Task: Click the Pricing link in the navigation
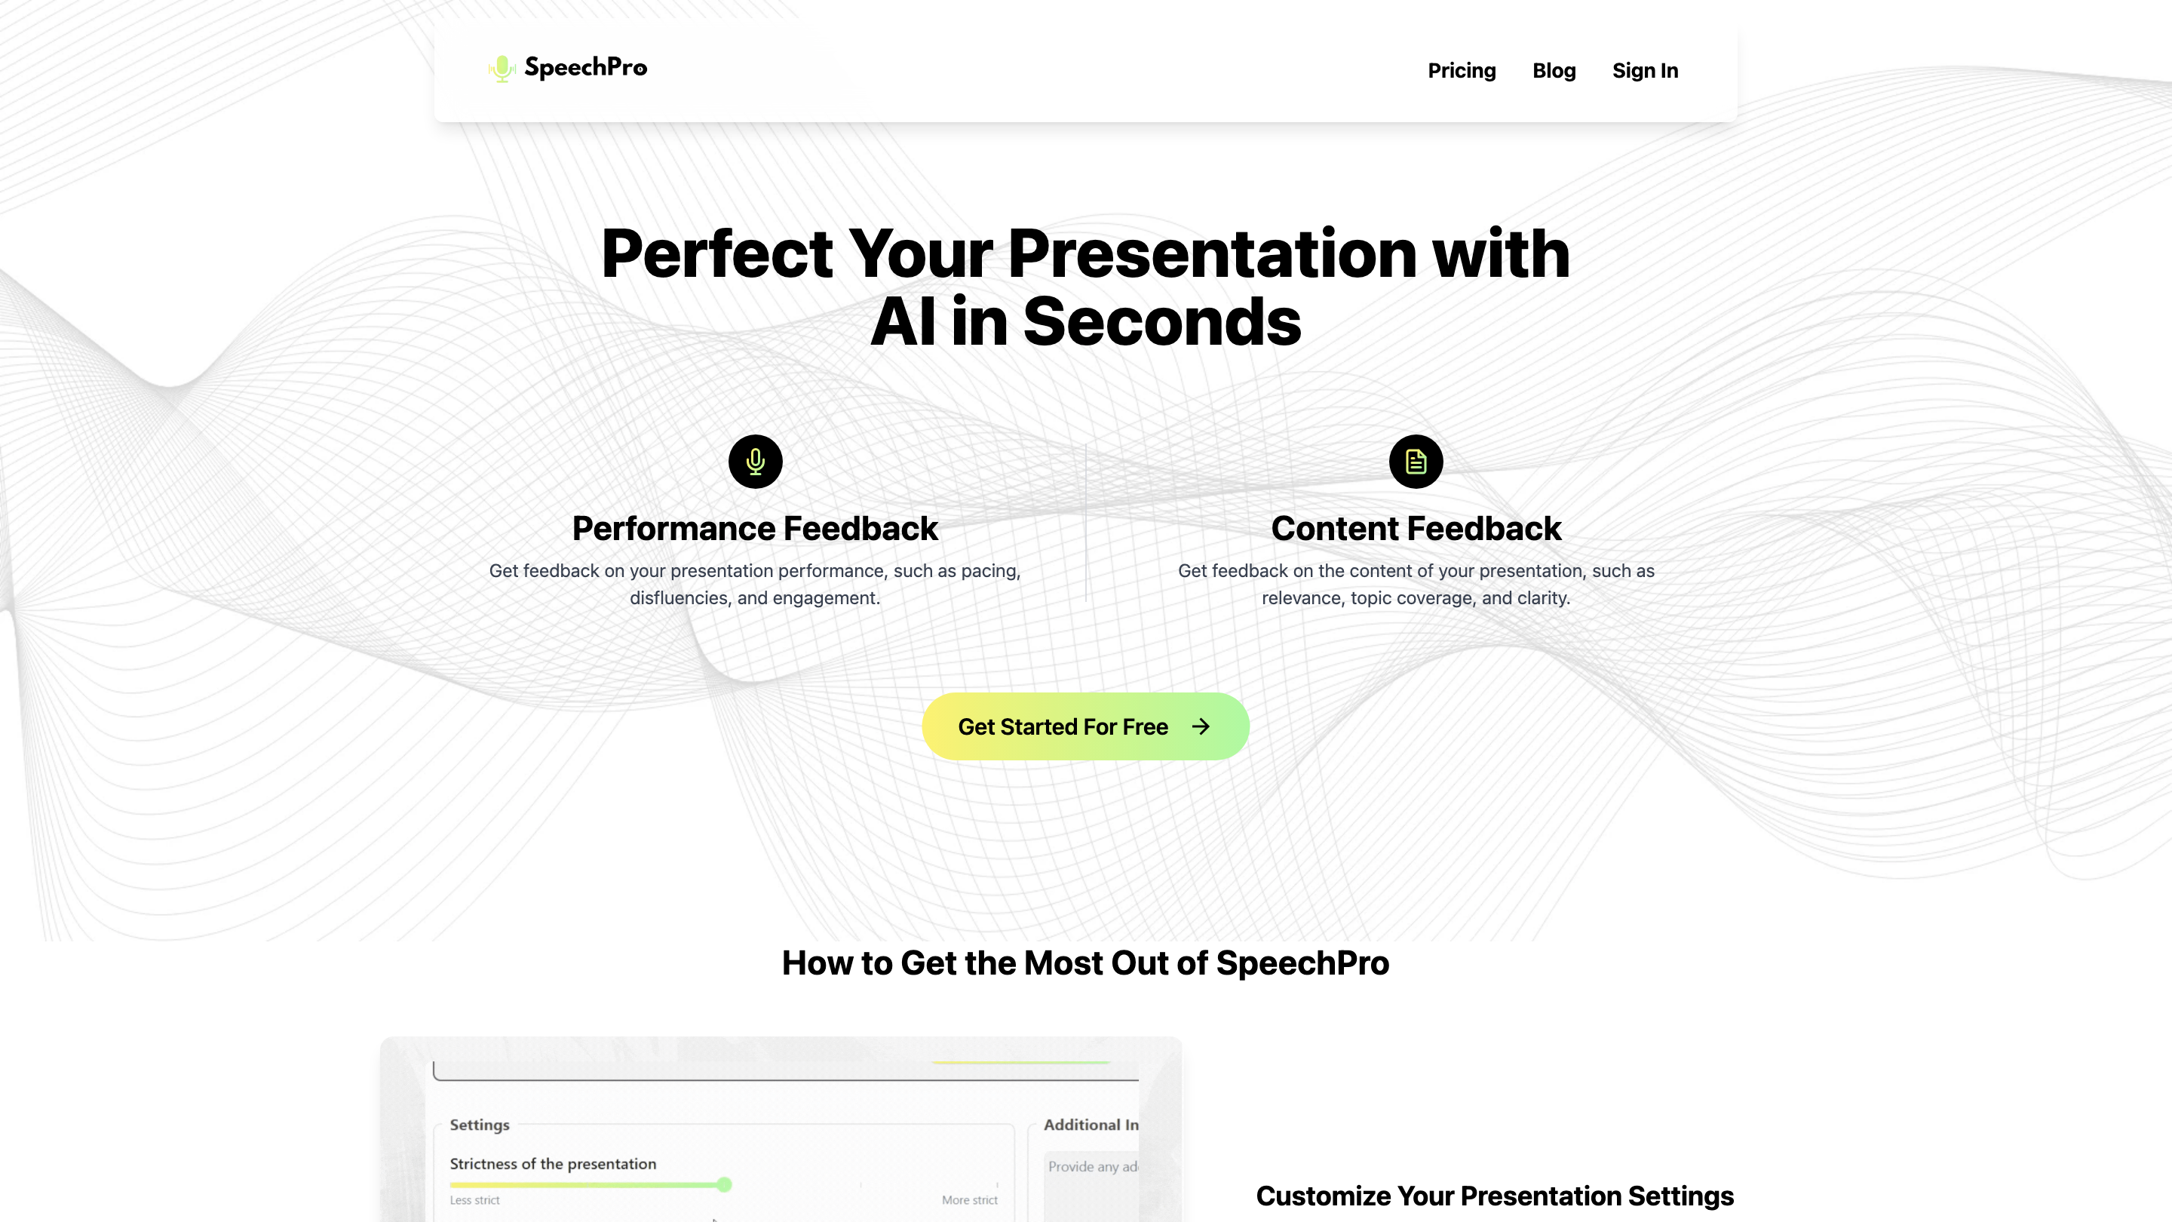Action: pyautogui.click(x=1462, y=71)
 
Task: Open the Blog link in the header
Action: pyautogui.click(x=1553, y=71)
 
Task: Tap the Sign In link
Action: pyautogui.click(x=1644, y=71)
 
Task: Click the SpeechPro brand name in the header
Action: pyautogui.click(x=585, y=67)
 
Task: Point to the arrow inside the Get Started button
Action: pyautogui.click(x=1201, y=726)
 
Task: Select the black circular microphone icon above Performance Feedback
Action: pyautogui.click(x=755, y=462)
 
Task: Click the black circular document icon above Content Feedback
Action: pyautogui.click(x=1416, y=462)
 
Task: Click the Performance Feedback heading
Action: pyautogui.click(x=755, y=529)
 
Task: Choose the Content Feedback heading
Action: pyautogui.click(x=1416, y=529)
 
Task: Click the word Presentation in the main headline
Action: pyautogui.click(x=1212, y=254)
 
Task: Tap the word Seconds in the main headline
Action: pyautogui.click(x=1162, y=322)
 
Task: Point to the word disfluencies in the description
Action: pyautogui.click(x=678, y=598)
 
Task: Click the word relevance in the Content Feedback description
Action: pyautogui.click(x=1301, y=598)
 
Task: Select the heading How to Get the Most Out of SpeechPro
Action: pyautogui.click(x=1085, y=963)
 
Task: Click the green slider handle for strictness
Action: pyautogui.click(x=724, y=1184)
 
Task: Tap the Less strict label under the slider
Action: pyautogui.click(x=474, y=1200)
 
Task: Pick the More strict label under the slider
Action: pyautogui.click(x=969, y=1200)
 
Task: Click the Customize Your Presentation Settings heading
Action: pyautogui.click(x=1494, y=1196)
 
